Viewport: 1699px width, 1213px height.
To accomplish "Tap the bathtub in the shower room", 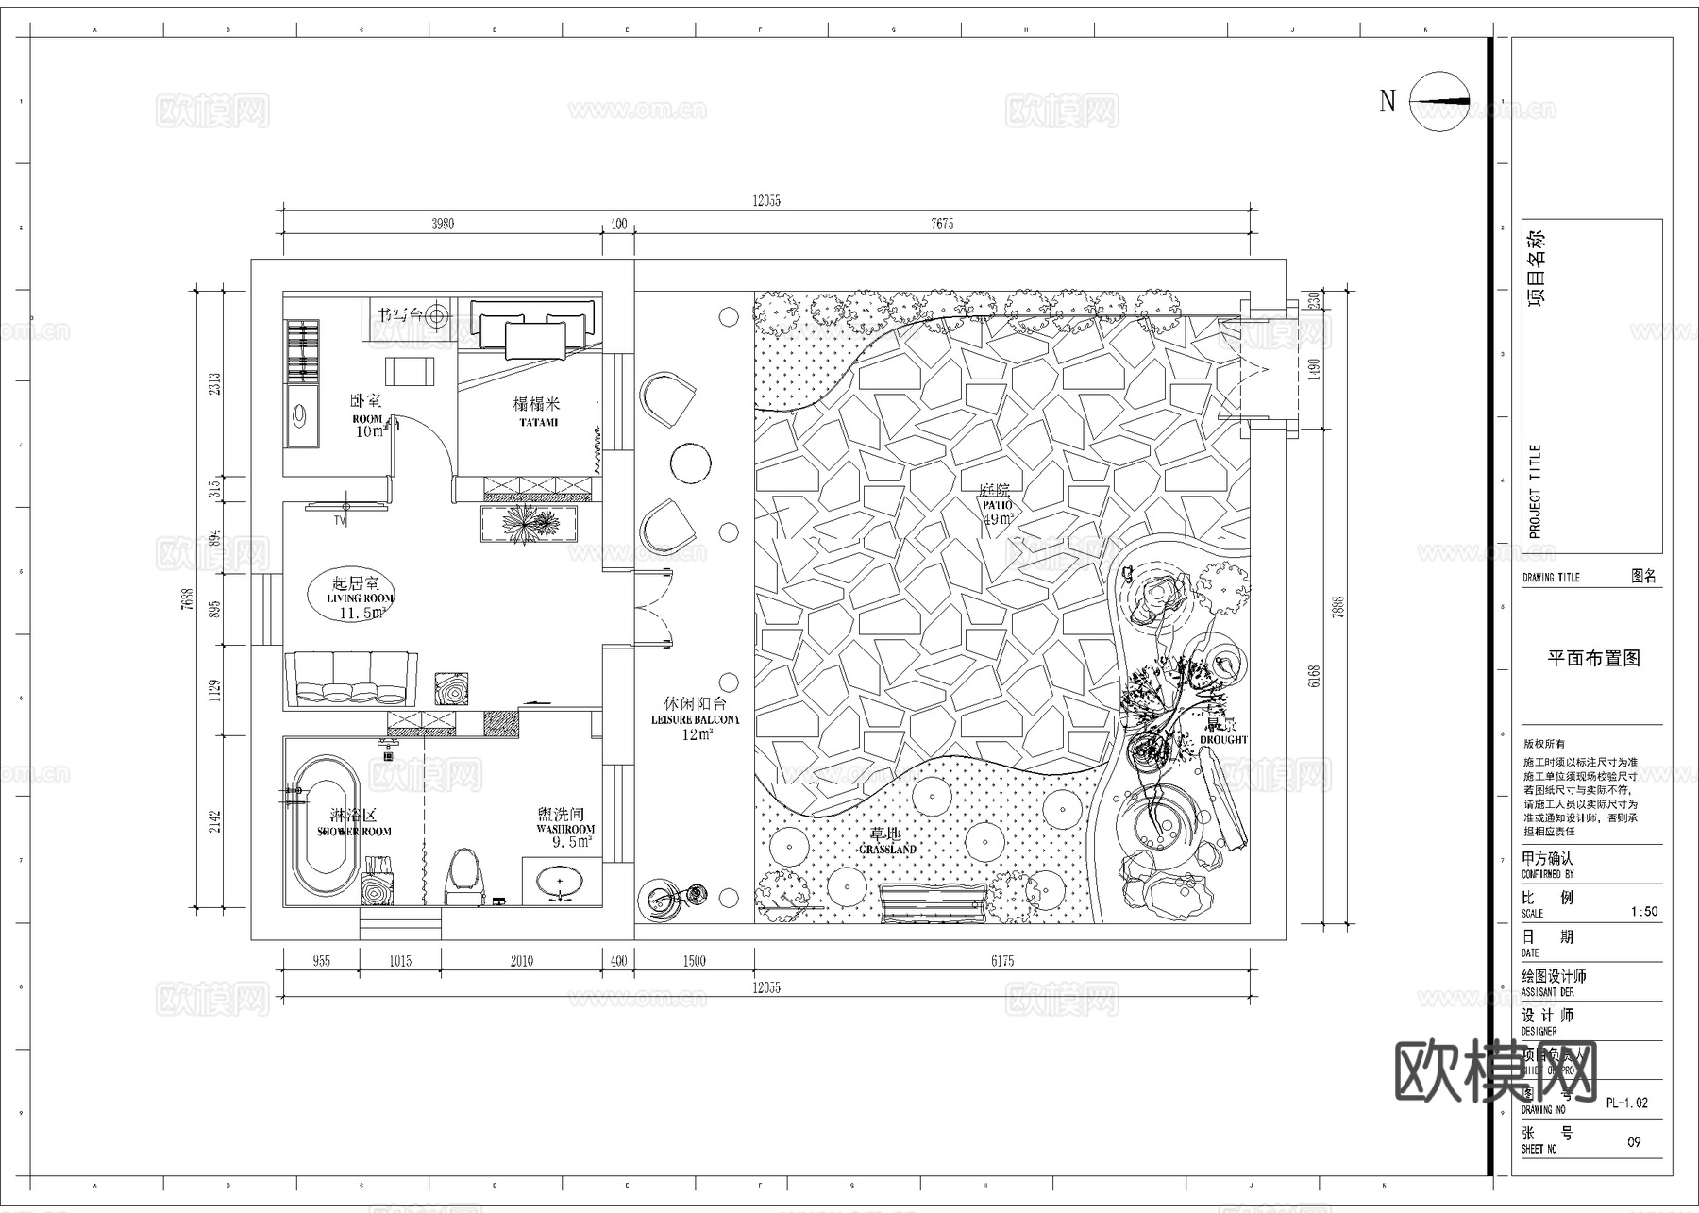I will [324, 825].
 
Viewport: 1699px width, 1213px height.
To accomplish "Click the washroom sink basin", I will [562, 884].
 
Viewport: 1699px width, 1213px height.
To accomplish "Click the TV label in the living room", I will [340, 520].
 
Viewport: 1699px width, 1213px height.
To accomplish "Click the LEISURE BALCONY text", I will [696, 719].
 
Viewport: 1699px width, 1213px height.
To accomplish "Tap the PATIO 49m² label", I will [996, 504].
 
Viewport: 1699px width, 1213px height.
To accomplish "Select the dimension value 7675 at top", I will [942, 224].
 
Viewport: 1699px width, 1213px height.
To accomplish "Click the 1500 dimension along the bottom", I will [694, 961].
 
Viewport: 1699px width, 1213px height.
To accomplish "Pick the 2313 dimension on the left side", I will [215, 383].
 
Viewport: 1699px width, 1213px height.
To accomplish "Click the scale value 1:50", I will [1643, 912].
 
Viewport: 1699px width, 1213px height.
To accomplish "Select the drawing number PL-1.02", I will [1626, 1103].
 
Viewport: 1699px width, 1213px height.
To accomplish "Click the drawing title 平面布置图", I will [1593, 659].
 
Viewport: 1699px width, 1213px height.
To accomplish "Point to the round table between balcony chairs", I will [690, 463].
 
